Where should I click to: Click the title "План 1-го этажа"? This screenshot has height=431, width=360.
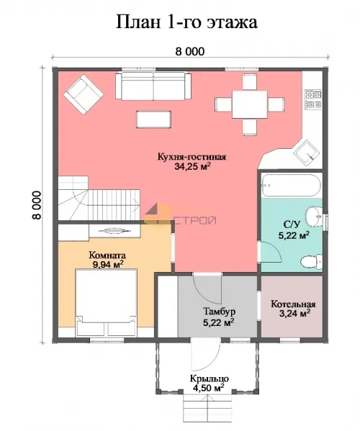point(186,22)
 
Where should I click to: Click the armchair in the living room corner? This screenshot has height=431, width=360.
point(84,95)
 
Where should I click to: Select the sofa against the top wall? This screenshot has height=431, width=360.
point(153,86)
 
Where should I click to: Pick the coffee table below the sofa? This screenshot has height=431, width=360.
point(154,119)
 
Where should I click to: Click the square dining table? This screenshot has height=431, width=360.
point(249,104)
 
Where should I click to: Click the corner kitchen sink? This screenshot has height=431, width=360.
point(307,153)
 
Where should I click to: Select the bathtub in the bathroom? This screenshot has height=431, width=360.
point(291,185)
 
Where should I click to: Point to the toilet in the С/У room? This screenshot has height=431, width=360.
point(312,261)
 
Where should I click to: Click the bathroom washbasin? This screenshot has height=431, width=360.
point(314,217)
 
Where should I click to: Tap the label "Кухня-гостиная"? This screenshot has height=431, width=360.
point(192,157)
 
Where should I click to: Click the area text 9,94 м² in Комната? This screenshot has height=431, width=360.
point(108,264)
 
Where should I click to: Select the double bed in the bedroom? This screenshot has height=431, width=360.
point(106,302)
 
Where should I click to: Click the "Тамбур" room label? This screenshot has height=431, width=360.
point(219,312)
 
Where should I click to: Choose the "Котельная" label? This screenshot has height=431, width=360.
point(293,304)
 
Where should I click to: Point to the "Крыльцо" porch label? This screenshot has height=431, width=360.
point(210,378)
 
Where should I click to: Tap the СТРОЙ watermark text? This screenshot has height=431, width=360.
point(194,220)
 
